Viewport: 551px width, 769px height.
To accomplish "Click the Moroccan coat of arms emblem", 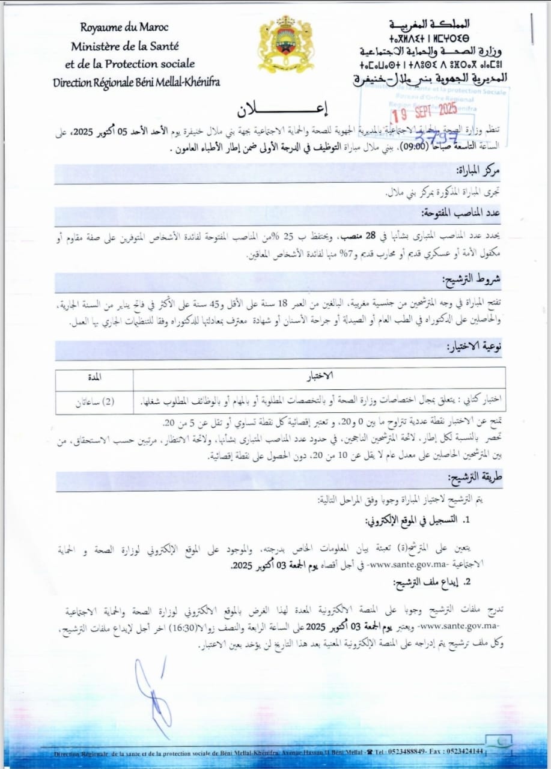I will pos(285,44).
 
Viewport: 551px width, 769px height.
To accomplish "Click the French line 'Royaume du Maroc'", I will pos(124,27).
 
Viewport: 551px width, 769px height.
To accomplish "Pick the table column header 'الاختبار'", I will pos(320,377).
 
